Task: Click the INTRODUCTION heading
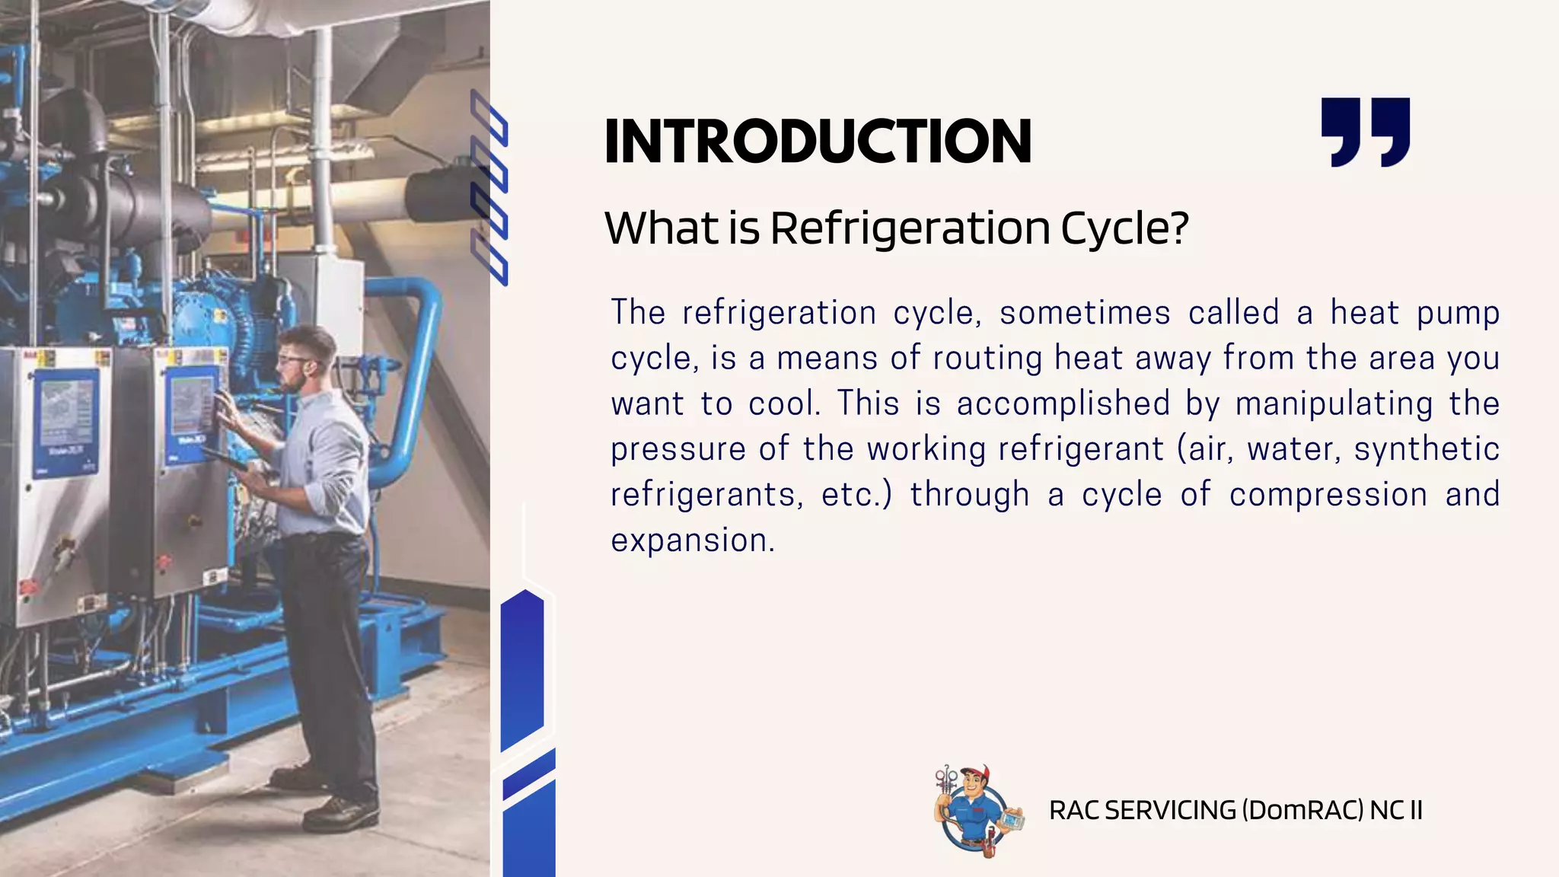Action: point(818,142)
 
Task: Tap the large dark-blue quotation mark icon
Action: point(1366,131)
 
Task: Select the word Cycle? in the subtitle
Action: point(1124,228)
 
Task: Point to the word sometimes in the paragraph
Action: point(1085,313)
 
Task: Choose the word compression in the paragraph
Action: point(1328,495)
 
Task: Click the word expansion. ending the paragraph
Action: point(693,541)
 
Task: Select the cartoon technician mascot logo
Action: point(972,811)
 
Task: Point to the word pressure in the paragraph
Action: point(677,449)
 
